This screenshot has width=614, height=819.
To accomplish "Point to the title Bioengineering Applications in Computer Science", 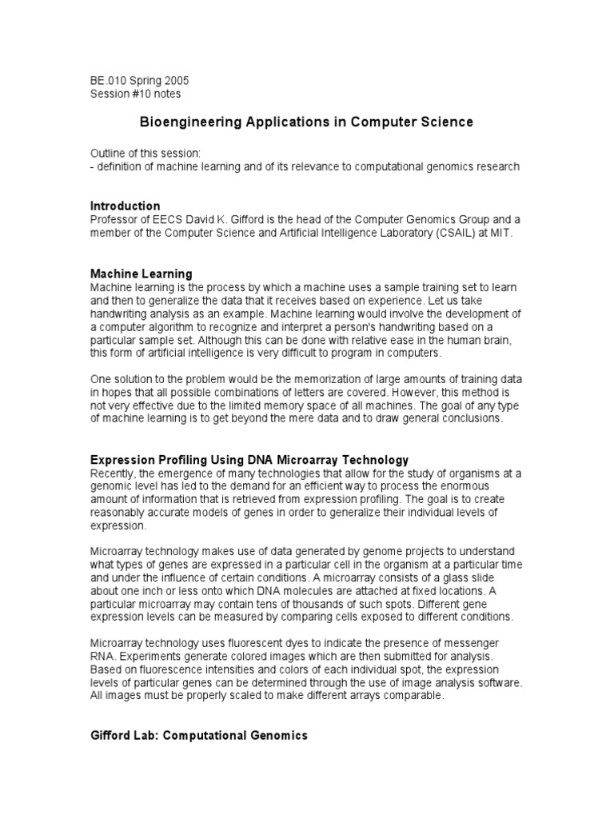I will coord(306,122).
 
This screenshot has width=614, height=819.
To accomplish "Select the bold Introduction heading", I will coord(125,206).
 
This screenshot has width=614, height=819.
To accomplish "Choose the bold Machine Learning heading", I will coord(141,274).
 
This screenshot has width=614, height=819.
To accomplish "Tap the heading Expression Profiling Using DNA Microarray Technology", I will coord(249,460).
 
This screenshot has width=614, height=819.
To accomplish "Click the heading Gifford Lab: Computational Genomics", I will coord(198,736).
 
